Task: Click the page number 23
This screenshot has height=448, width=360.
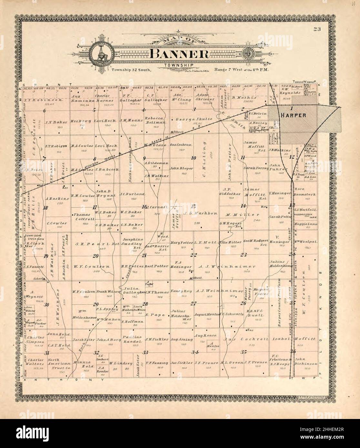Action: [x=317, y=30]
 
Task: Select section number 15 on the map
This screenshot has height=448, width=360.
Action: [x=193, y=206]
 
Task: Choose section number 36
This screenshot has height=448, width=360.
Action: [x=293, y=351]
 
